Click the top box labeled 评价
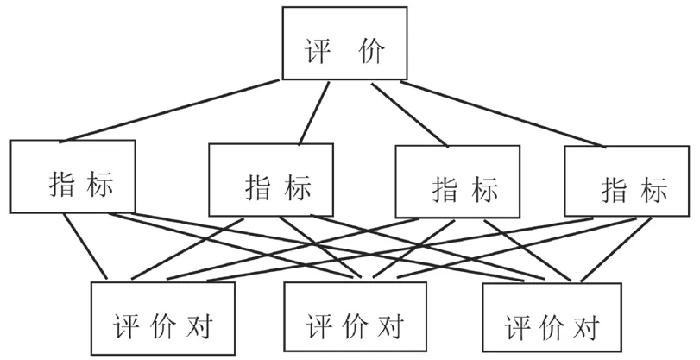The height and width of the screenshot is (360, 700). pyautogui.click(x=345, y=43)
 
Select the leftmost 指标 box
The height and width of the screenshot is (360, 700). pyautogui.click(x=73, y=176)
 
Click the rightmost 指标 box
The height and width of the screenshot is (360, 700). pyautogui.click(x=627, y=180)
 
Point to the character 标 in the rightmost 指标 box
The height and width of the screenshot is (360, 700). pyautogui.click(x=653, y=189)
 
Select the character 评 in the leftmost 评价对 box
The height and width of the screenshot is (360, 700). pyautogui.click(x=126, y=327)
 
